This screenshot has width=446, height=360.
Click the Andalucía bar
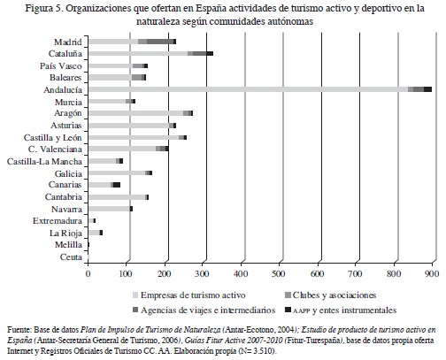click(x=260, y=89)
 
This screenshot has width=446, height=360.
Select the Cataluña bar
click(x=150, y=53)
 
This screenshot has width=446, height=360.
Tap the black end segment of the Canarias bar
click(x=117, y=185)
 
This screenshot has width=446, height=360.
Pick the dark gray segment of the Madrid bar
click(x=160, y=42)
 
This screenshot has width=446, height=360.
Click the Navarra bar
click(x=111, y=209)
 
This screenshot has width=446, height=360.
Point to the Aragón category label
click(x=68, y=113)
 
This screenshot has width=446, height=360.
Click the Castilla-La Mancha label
click(x=44, y=162)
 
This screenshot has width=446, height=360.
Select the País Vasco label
click(x=61, y=65)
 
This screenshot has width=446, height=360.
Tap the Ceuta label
click(x=71, y=257)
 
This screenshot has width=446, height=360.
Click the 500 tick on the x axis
click(x=280, y=273)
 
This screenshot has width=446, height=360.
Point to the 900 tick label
click(x=432, y=273)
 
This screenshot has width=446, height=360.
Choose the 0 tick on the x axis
click(x=88, y=273)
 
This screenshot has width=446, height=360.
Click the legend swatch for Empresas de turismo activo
click(x=135, y=295)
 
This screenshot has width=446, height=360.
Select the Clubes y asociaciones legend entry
click(x=331, y=295)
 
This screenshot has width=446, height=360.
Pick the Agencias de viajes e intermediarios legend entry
click(x=204, y=310)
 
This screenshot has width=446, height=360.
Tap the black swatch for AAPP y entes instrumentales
click(x=288, y=310)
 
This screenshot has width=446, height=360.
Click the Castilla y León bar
click(x=137, y=137)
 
